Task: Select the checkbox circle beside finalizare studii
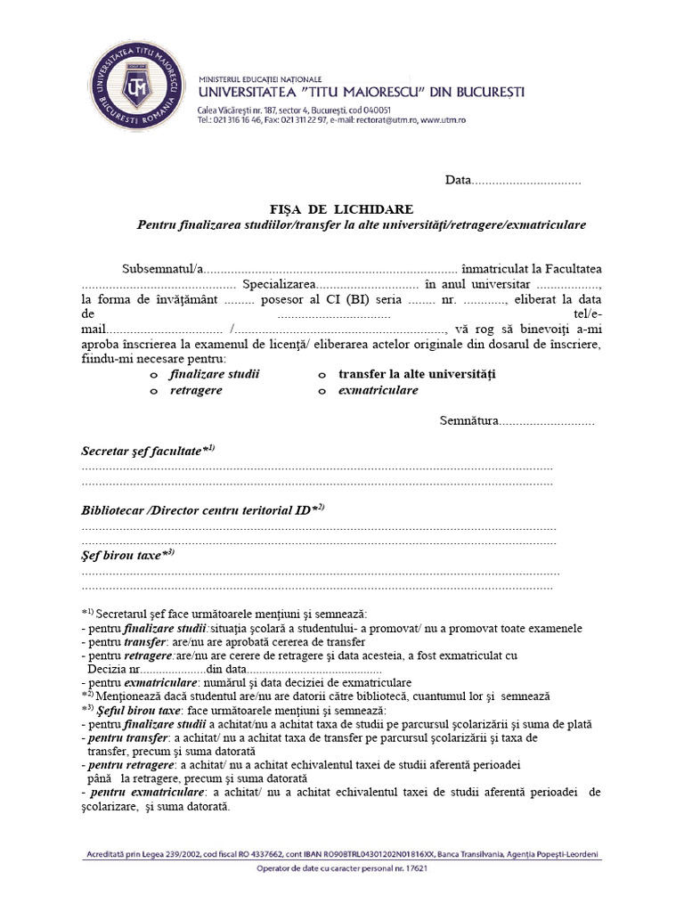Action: tap(154, 375)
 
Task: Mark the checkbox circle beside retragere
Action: tap(154, 391)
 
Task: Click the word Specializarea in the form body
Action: tap(273, 285)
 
